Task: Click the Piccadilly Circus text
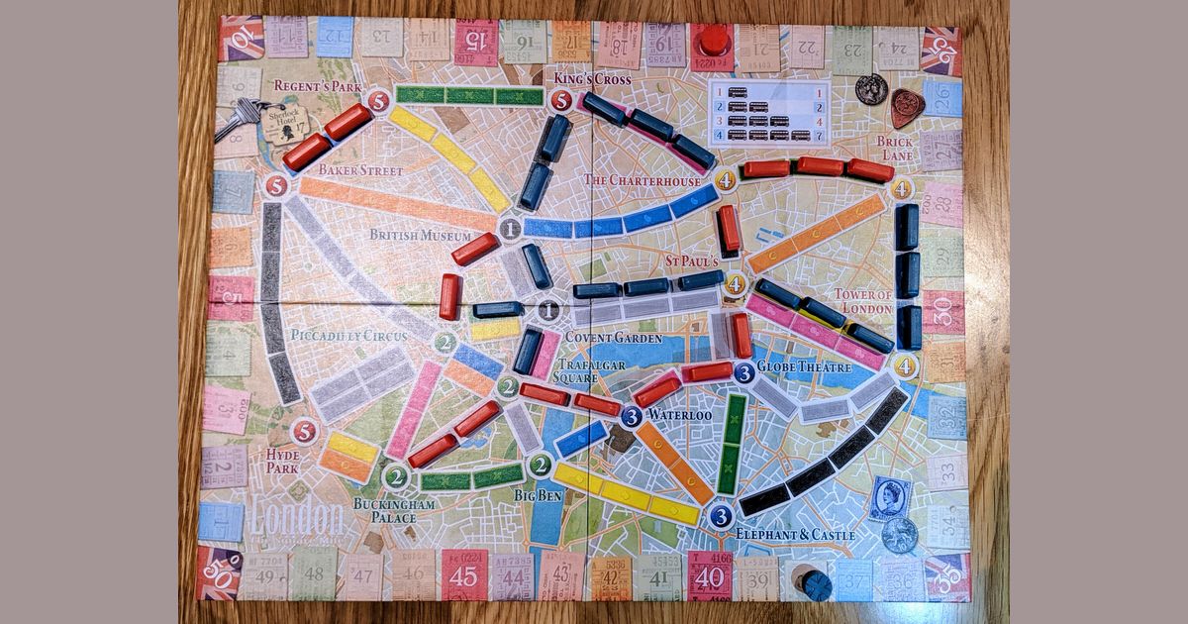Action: coord(348,335)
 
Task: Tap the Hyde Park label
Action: coord(283,461)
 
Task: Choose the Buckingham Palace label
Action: coord(387,510)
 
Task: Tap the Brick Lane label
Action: coord(894,149)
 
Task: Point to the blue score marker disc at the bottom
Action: coord(817,585)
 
